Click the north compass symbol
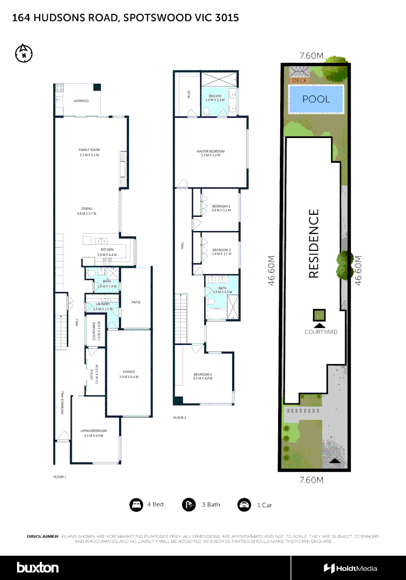[x=24, y=53]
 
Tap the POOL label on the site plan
[x=316, y=99]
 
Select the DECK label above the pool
[x=299, y=81]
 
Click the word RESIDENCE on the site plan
[x=314, y=243]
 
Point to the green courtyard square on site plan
[x=320, y=314]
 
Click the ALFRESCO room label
[x=81, y=101]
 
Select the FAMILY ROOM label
[x=89, y=150]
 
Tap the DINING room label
[x=87, y=208]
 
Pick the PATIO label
[x=136, y=302]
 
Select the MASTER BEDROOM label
[x=211, y=151]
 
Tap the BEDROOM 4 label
[x=221, y=207]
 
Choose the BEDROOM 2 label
[x=203, y=374]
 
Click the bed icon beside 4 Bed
[x=136, y=505]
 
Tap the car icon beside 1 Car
[x=244, y=505]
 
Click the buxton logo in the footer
[x=38, y=568]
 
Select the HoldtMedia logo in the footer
[x=350, y=568]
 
